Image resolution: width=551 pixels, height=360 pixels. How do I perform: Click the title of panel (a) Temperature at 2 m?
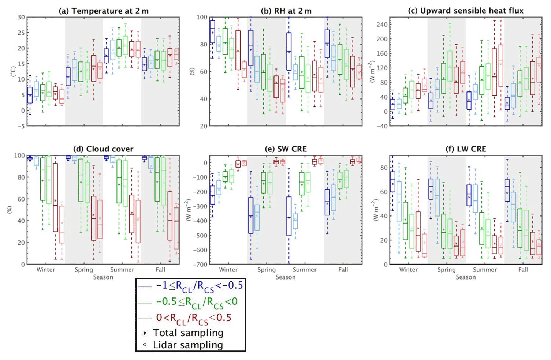pos(104,11)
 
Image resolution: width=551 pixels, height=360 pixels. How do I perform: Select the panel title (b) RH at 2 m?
pos(286,11)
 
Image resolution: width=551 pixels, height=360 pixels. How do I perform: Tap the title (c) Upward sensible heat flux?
pos(466,11)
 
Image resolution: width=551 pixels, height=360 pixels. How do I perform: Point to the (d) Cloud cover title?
pos(103,149)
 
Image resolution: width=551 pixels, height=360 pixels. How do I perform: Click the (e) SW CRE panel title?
pos(286,149)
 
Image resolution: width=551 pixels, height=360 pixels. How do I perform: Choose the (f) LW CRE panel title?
pos(466,149)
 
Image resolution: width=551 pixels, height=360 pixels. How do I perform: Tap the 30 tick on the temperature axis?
pos(21,17)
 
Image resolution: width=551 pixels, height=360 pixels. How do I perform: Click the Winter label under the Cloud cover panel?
pos(46,270)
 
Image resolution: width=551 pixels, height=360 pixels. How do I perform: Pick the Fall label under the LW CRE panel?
pos(523,270)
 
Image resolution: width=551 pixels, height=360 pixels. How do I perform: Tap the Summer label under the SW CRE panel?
pos(305,270)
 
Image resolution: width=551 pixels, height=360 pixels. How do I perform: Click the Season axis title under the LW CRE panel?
pos(466,277)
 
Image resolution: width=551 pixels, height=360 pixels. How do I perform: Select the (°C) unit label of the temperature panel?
pos(13,71)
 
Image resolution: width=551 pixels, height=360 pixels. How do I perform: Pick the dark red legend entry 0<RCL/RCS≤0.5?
pos(194,318)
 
